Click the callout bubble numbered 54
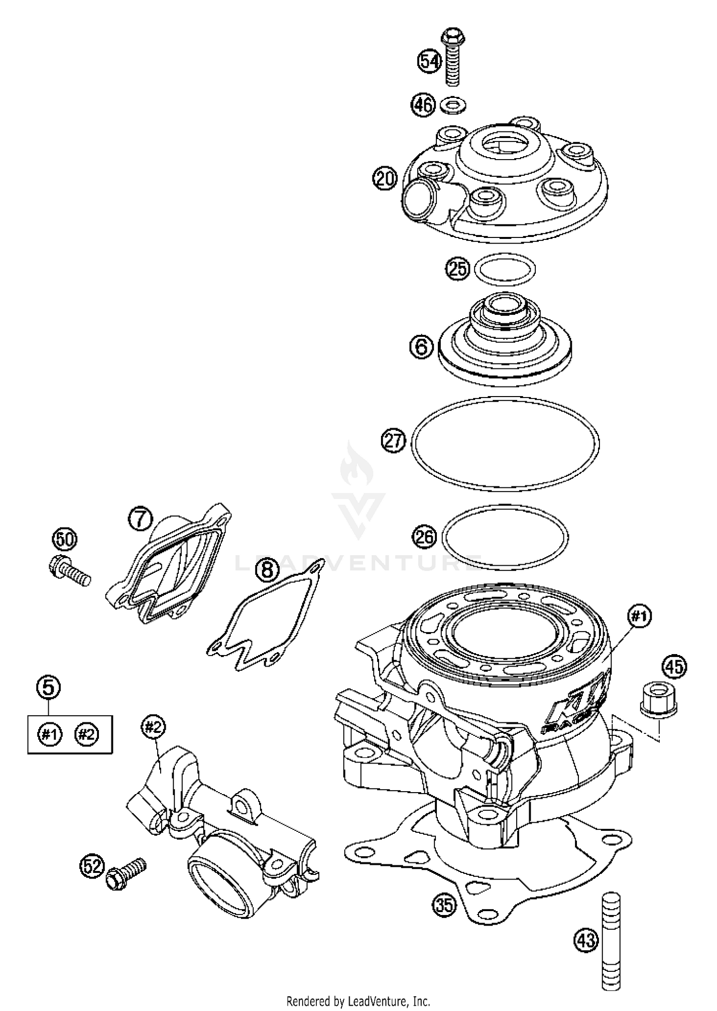[x=430, y=62]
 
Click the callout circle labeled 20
[x=385, y=179]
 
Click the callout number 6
[x=422, y=346]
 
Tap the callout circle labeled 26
[x=425, y=537]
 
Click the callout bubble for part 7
[x=140, y=519]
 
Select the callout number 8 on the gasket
[x=267, y=569]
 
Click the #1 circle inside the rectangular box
[x=50, y=735]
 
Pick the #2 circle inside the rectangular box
[x=87, y=735]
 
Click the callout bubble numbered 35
[x=445, y=904]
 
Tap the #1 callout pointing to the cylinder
[x=639, y=617]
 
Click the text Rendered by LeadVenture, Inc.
[x=358, y=1000]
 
